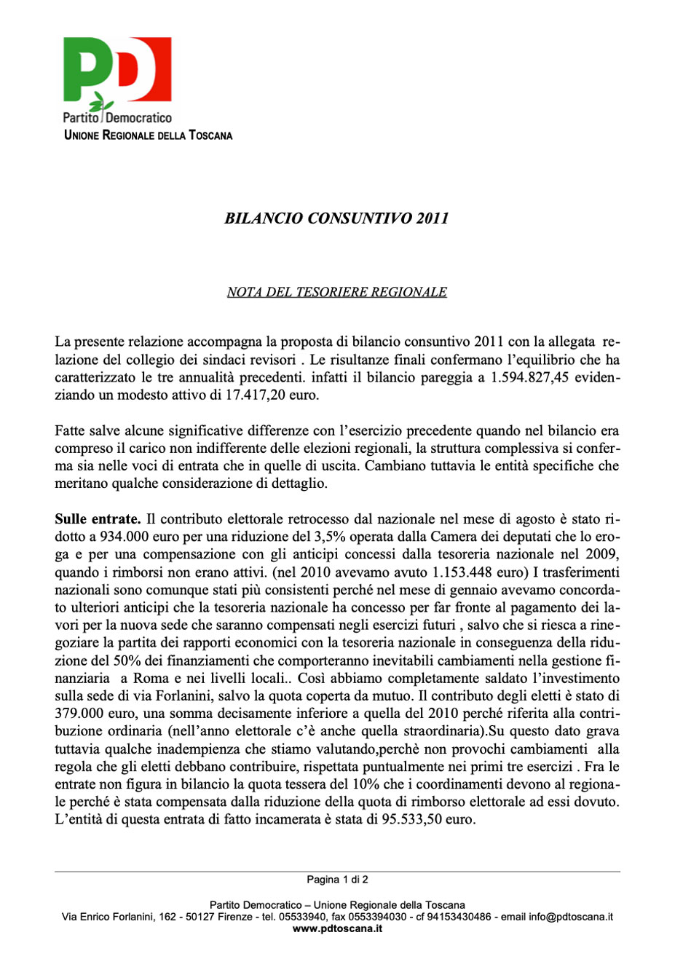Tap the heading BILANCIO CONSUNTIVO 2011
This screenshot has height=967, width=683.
[x=336, y=218]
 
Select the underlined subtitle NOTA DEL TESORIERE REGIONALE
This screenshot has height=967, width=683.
[x=336, y=292]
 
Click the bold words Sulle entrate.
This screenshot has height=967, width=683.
[x=98, y=519]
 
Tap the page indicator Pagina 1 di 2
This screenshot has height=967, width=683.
[x=337, y=880]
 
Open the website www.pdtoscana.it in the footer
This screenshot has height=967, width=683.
[x=337, y=928]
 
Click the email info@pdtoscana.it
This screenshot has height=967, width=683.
[x=570, y=917]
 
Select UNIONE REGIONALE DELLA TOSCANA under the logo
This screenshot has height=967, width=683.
[x=149, y=135]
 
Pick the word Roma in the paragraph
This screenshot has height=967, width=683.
[x=150, y=678]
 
